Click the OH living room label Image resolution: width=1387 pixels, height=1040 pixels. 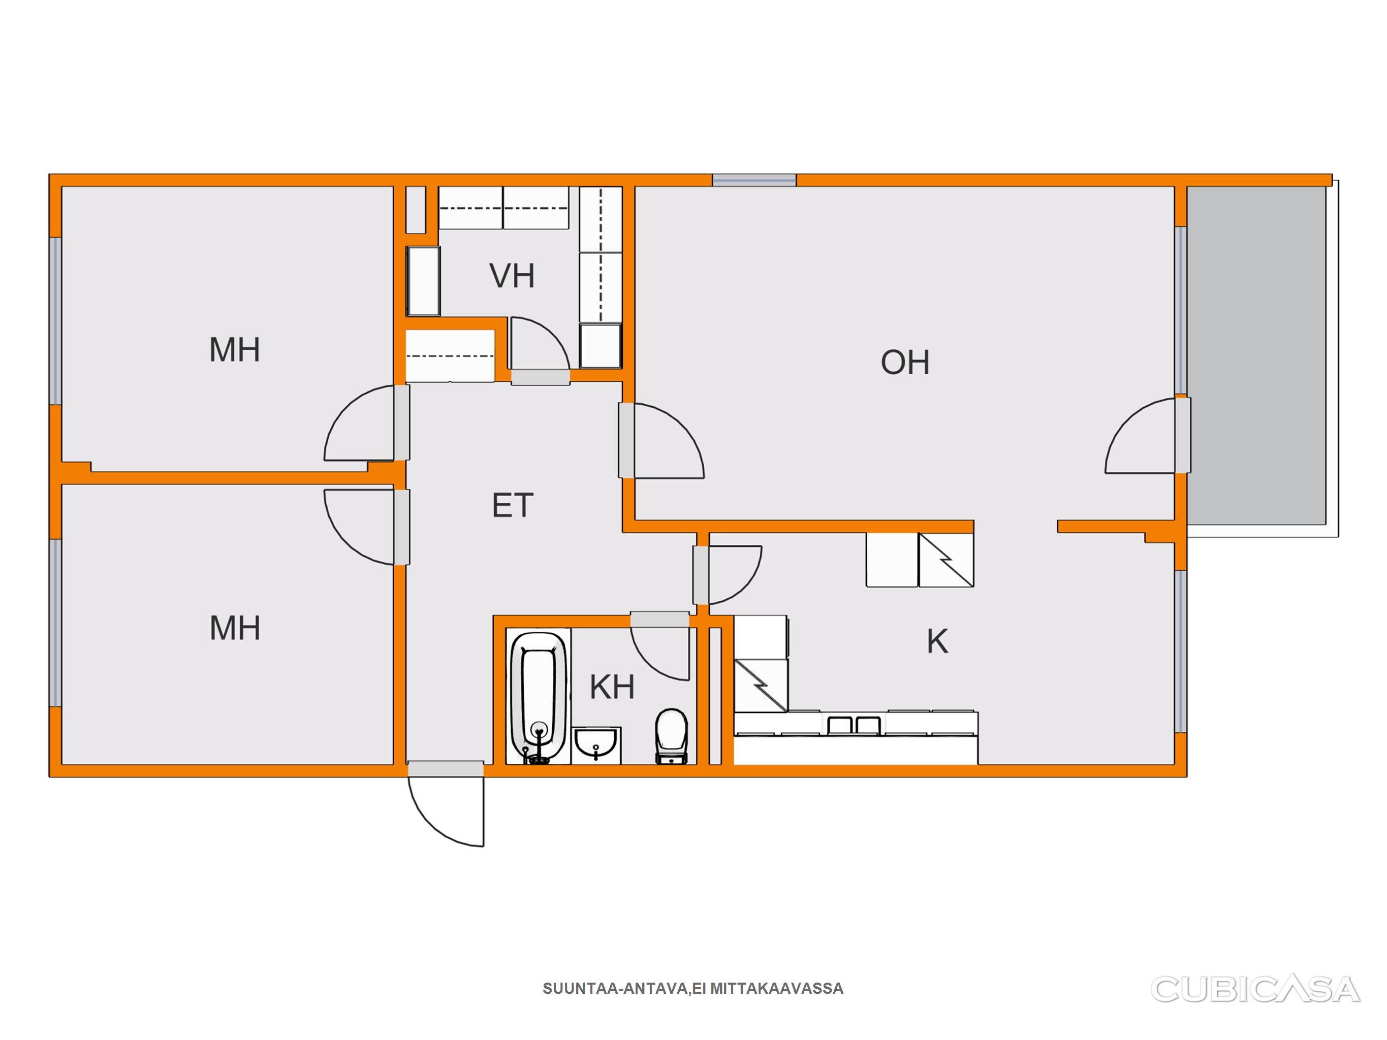click(905, 363)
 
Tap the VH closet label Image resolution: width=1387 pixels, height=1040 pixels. click(512, 276)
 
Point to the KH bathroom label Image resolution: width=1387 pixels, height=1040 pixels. click(612, 687)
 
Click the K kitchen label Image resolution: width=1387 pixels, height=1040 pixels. click(937, 641)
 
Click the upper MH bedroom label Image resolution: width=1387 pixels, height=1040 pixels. click(235, 350)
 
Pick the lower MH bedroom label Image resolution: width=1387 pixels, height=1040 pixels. click(235, 628)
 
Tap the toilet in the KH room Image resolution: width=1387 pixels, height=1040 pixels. click(672, 736)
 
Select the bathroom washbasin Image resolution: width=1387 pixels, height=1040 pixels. click(596, 745)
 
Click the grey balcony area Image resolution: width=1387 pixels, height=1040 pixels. click(1256, 355)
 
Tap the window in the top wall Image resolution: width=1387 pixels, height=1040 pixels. click(754, 181)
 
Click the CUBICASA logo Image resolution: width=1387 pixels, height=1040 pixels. click(1255, 989)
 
